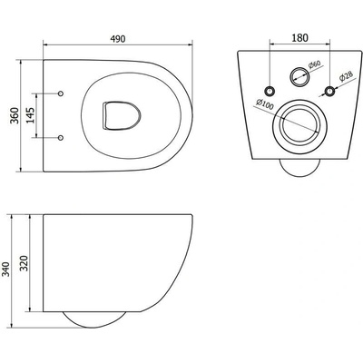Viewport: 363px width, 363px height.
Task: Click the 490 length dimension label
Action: tap(118, 39)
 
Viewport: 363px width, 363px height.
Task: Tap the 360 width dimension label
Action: tap(15, 115)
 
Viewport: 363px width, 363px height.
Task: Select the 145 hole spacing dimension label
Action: tap(30, 115)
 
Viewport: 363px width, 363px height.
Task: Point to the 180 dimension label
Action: tap(299, 38)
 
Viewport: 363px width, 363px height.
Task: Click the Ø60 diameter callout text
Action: tap(314, 64)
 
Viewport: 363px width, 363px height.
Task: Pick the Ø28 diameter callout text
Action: tap(345, 76)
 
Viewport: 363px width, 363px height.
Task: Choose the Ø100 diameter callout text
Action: tap(264, 104)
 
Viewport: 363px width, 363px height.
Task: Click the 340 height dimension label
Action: tap(6, 270)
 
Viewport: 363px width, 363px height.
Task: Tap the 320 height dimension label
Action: tap(25, 263)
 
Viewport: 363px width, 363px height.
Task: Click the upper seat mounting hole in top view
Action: tap(61, 93)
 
